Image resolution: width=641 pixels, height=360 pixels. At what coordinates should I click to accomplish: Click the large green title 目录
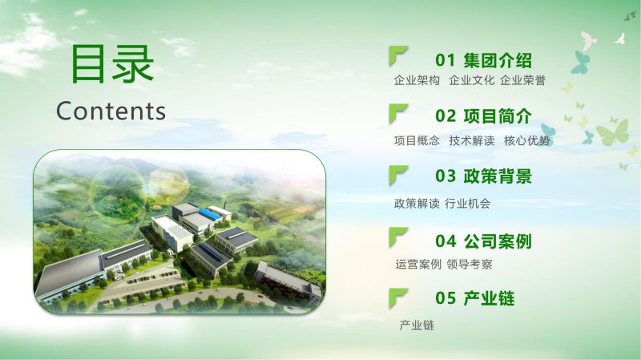(112, 64)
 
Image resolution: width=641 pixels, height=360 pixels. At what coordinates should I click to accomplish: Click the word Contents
(111, 111)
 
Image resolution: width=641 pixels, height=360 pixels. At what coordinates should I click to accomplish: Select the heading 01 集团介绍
(483, 60)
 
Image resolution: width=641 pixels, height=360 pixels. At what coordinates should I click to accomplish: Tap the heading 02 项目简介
(483, 115)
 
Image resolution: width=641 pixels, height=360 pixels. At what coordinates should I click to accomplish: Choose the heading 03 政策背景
(483, 176)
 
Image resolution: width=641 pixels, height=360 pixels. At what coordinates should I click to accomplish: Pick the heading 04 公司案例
(483, 241)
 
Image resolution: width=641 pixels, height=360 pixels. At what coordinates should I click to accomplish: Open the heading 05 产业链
(474, 298)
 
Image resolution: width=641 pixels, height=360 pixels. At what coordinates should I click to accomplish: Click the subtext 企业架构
(417, 80)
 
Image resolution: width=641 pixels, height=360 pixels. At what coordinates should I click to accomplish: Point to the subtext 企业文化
(472, 80)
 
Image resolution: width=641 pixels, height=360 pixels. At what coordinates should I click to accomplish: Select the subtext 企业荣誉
(523, 80)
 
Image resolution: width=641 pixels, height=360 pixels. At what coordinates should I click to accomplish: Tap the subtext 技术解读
(472, 141)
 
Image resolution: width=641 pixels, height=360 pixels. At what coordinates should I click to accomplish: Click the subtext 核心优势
(527, 141)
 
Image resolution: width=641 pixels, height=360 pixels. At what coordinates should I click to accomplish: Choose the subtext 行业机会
(468, 204)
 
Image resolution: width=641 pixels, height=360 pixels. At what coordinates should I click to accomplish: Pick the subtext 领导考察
(470, 265)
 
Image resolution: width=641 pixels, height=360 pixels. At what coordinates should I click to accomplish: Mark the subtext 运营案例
(418, 265)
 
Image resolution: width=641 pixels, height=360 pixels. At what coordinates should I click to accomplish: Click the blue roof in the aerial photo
(210, 213)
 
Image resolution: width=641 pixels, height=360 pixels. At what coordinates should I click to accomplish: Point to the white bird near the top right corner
(620, 38)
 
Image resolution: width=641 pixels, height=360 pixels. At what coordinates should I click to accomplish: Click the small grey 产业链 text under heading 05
(417, 326)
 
